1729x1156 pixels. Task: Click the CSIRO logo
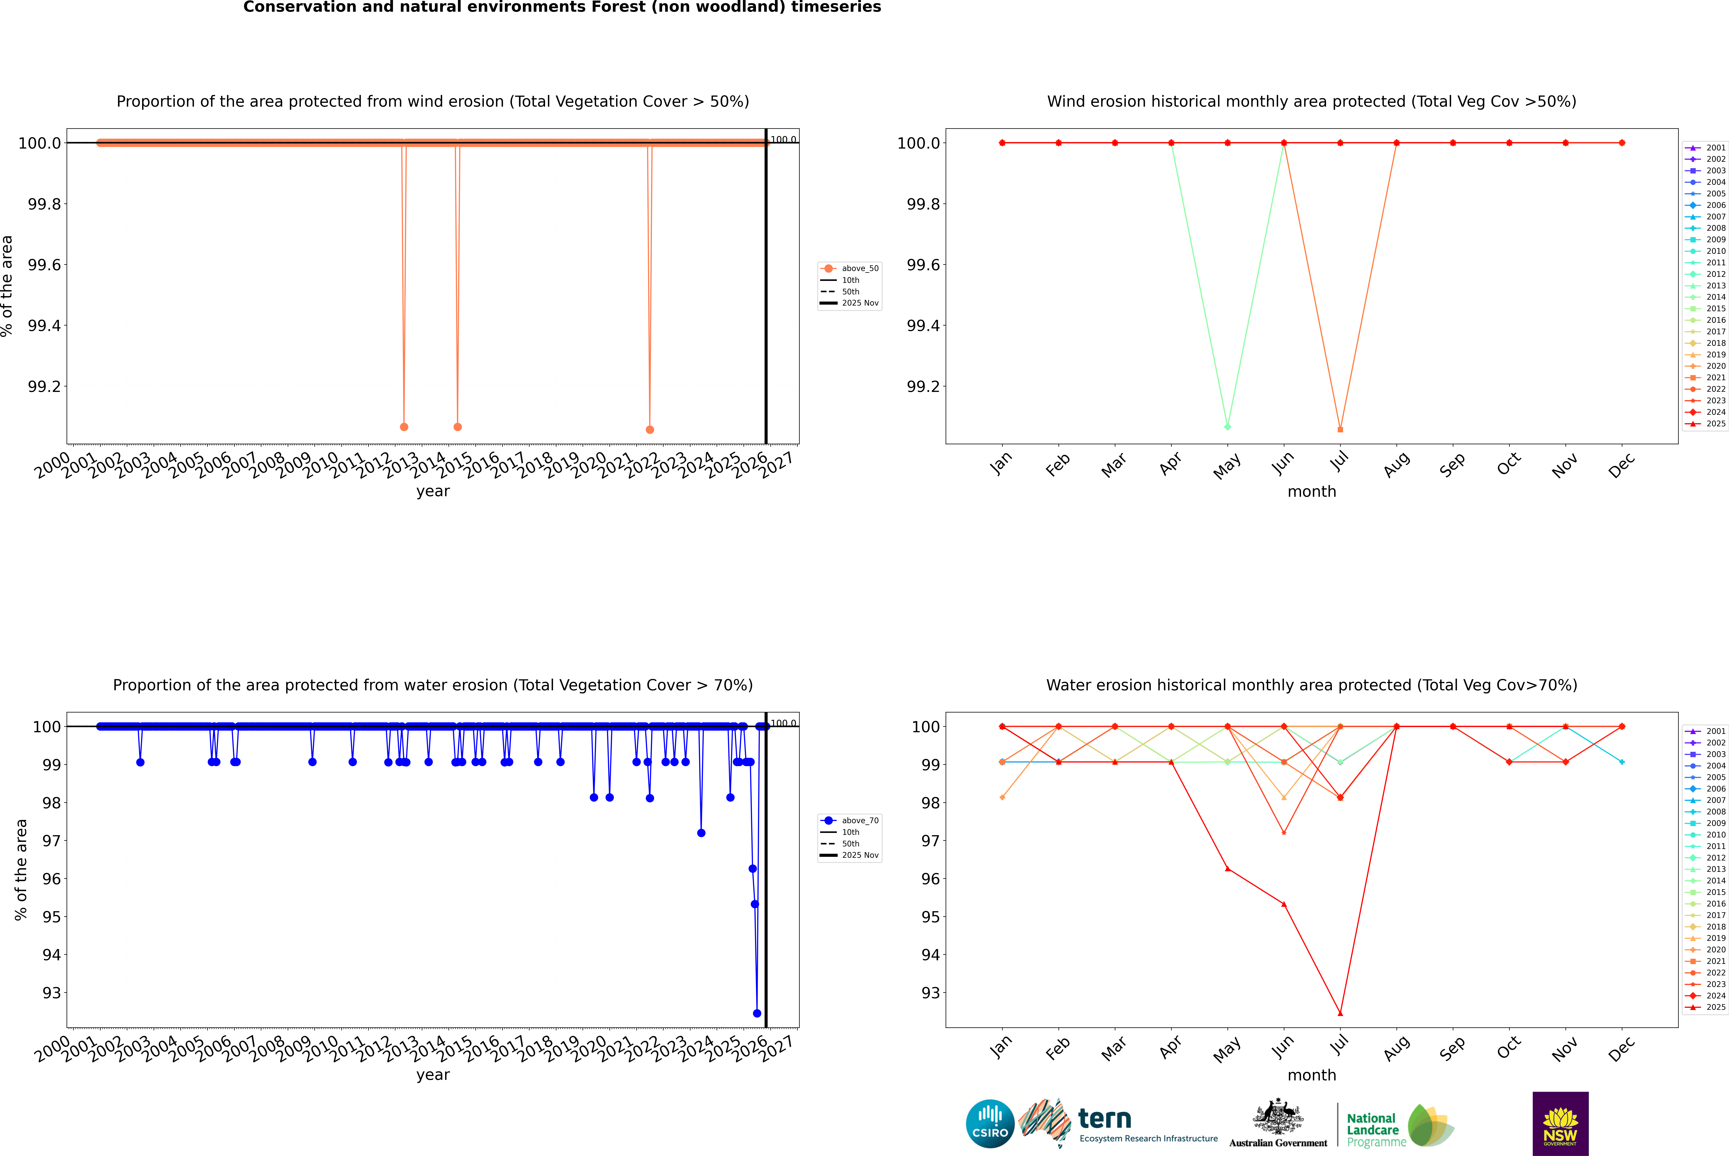[x=990, y=1124]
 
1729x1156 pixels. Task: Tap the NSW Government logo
[x=1560, y=1124]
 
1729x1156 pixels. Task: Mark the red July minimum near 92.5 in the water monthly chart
[x=1340, y=1013]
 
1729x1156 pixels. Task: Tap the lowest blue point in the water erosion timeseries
[x=757, y=1013]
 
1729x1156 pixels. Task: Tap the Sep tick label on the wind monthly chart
[x=1452, y=464]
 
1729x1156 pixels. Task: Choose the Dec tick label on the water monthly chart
[x=1621, y=1048]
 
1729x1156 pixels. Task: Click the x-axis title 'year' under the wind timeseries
[x=433, y=491]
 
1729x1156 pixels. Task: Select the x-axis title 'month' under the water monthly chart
[x=1311, y=1075]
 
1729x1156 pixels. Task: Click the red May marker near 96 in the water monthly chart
[x=1227, y=869]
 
